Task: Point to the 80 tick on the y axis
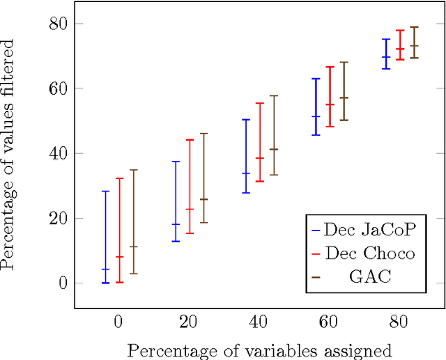(58, 24)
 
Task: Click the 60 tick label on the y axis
(58, 88)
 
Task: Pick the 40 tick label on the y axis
(58, 153)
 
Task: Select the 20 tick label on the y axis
(58, 219)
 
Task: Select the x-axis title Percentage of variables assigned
(259, 349)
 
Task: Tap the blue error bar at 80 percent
(386, 54)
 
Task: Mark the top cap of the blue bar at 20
(176, 162)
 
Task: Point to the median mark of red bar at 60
(330, 104)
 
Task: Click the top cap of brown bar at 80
(414, 27)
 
